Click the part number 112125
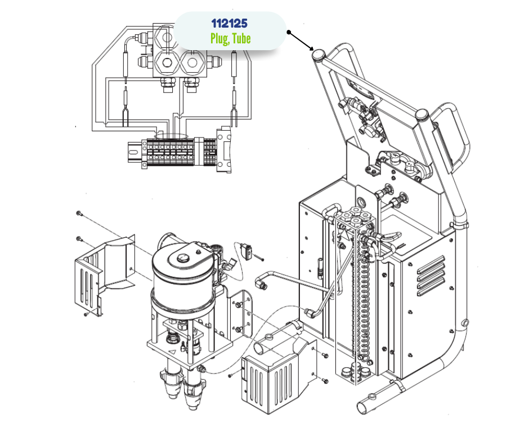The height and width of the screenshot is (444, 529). pos(230,23)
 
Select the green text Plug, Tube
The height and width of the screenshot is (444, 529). pos(230,38)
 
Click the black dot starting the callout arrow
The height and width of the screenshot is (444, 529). pos(289,32)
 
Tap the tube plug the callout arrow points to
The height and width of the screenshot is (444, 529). pos(319,55)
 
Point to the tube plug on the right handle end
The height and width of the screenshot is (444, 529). pos(422,114)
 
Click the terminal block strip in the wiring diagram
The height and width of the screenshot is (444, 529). pos(179,153)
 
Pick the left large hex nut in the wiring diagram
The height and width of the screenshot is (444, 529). pos(167,63)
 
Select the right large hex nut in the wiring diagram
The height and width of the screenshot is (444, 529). pos(192,63)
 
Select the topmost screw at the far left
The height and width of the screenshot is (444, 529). pos(79,213)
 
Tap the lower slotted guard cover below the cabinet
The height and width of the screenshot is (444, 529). pos(277,375)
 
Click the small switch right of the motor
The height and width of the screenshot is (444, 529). pos(248,252)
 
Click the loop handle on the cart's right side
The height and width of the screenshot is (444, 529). pos(452,135)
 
